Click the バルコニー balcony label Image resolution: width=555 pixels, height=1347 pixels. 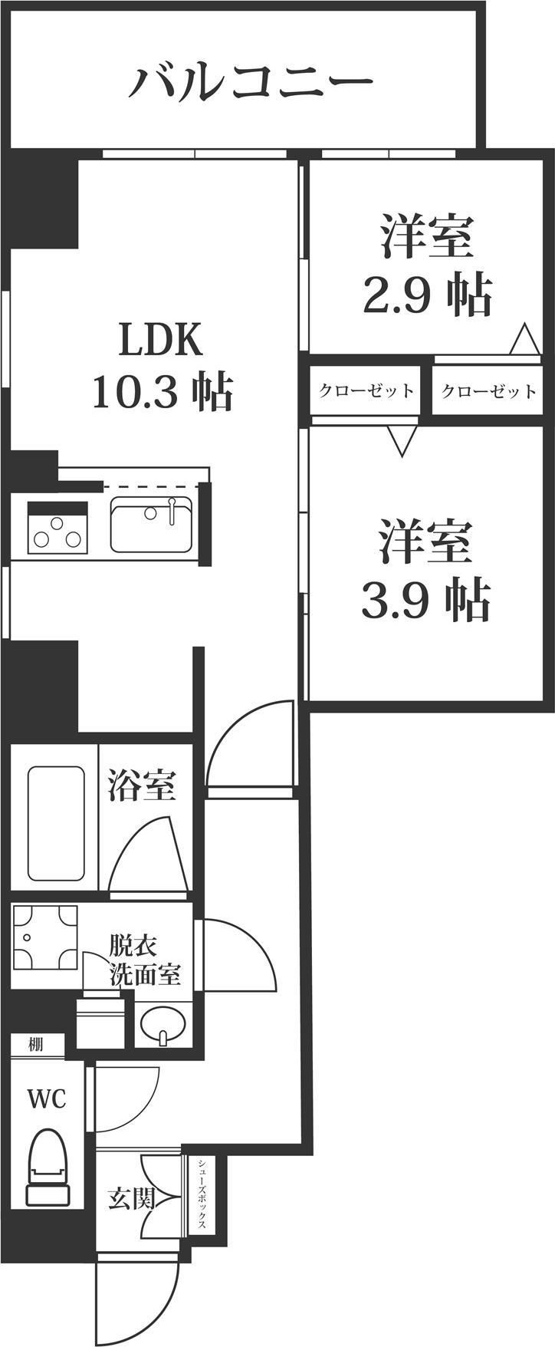click(x=250, y=81)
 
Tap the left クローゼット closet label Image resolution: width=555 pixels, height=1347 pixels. click(x=366, y=391)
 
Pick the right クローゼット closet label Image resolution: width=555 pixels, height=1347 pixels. click(x=488, y=392)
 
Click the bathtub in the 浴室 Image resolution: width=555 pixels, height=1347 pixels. click(x=55, y=823)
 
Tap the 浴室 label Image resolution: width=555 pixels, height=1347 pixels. click(x=141, y=785)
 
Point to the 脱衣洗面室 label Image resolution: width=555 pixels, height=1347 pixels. click(x=145, y=959)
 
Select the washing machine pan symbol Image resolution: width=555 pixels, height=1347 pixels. click(x=46, y=937)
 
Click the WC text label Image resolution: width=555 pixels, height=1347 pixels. click(x=47, y=1098)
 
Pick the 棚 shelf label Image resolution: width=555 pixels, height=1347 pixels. click(x=36, y=1044)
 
